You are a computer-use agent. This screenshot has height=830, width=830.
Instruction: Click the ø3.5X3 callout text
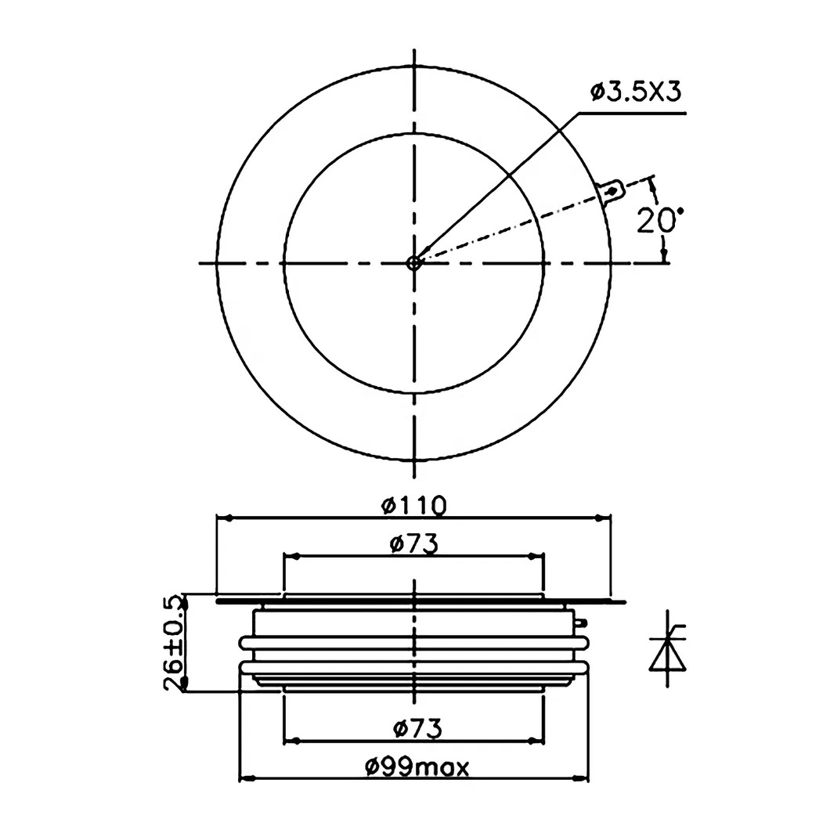[x=636, y=92]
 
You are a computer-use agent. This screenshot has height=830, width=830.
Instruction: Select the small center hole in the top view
[x=414, y=263]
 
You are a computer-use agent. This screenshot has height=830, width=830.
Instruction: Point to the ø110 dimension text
[x=414, y=505]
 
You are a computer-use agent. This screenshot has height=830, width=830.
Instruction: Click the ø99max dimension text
[x=417, y=767]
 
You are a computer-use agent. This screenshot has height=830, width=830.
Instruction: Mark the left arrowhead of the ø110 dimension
[x=225, y=518]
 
